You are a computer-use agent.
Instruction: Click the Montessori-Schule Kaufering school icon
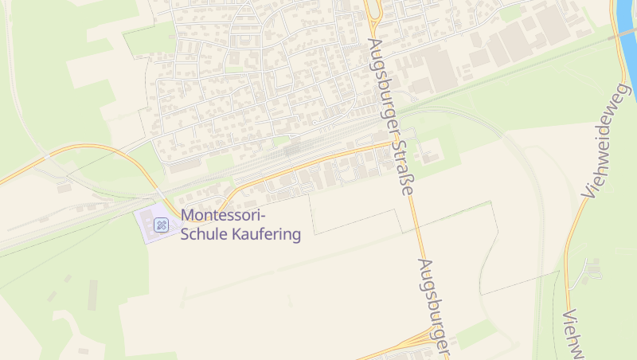(161, 225)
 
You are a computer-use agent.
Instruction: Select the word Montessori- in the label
(223, 215)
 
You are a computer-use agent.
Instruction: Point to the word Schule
(204, 235)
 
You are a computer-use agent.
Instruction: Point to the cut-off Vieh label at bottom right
(573, 335)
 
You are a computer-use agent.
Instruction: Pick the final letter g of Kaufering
(296, 237)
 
